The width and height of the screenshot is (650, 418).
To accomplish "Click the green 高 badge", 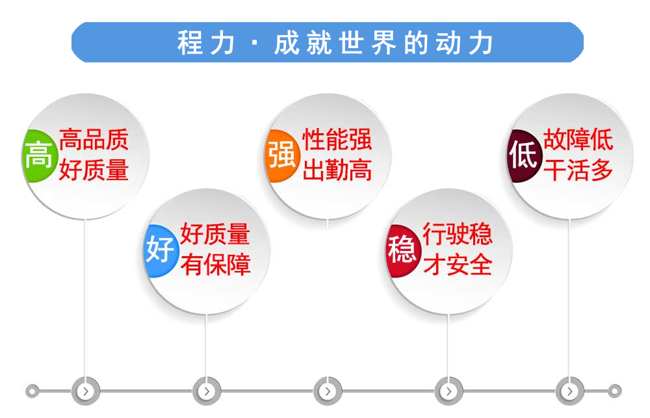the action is click(x=39, y=156).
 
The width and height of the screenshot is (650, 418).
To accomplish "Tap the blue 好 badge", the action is click(x=161, y=250).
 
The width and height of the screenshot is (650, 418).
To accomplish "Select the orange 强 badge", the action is click(x=282, y=156).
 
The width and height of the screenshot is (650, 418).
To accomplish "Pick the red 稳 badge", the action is click(x=403, y=250).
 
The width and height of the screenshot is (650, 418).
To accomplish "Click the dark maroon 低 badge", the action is click(x=525, y=156).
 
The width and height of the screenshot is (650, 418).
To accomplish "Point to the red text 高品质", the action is click(x=94, y=140).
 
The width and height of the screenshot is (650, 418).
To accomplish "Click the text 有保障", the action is click(x=215, y=264).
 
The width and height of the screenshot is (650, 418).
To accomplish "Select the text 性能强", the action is click(x=337, y=139).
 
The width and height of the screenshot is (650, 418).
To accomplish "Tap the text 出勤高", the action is click(x=337, y=170).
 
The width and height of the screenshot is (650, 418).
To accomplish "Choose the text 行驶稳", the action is click(x=457, y=234).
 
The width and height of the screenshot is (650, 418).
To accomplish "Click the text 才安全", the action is click(x=457, y=265).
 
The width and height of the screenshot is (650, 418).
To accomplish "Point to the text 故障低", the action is click(x=578, y=139).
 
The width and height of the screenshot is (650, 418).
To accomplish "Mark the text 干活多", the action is click(x=578, y=170).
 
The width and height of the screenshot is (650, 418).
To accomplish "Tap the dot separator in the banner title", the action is click(x=255, y=43).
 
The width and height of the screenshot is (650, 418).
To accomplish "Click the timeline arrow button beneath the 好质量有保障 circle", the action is click(x=207, y=391).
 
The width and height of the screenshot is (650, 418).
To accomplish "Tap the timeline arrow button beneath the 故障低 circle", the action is click(x=570, y=391).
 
